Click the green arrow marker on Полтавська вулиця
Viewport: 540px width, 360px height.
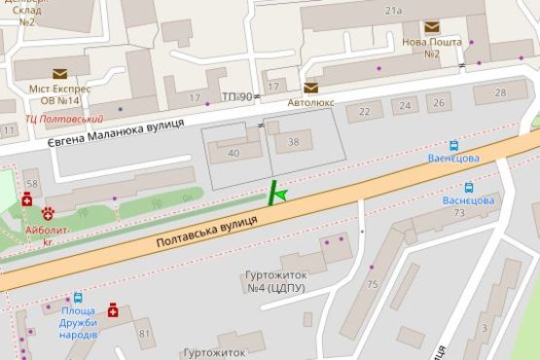click(x=281, y=196)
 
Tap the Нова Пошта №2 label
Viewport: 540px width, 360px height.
click(x=431, y=48)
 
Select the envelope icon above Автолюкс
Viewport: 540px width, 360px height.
click(x=310, y=88)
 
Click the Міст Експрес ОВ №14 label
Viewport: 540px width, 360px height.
click(x=59, y=94)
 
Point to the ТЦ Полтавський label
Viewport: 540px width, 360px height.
click(x=65, y=119)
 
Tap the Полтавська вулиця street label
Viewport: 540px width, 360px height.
click(x=205, y=234)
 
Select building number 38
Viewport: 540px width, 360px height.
click(x=293, y=141)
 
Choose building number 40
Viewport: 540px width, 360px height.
click(x=234, y=153)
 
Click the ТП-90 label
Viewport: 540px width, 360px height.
click(x=236, y=97)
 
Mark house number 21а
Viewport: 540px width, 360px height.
click(x=393, y=11)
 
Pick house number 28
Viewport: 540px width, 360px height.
click(x=500, y=93)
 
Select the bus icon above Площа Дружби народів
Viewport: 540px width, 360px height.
click(x=77, y=299)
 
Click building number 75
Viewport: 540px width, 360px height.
click(x=373, y=284)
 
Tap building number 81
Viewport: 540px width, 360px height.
click(x=145, y=335)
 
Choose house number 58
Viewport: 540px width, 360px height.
click(x=32, y=184)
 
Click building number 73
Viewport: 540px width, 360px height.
click(x=459, y=212)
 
